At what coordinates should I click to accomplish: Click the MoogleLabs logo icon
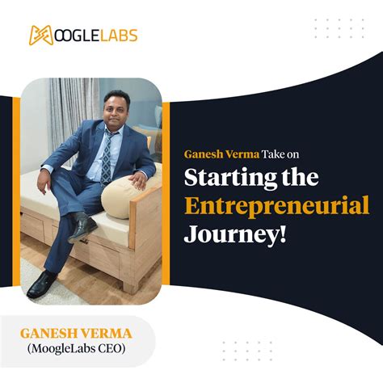[41, 35]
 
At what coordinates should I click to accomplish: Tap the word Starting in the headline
[221, 178]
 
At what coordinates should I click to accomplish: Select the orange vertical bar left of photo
[15, 194]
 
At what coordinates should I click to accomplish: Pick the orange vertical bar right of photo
[166, 194]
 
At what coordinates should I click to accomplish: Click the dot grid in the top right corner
[339, 29]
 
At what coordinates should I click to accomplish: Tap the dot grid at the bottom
[246, 352]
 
